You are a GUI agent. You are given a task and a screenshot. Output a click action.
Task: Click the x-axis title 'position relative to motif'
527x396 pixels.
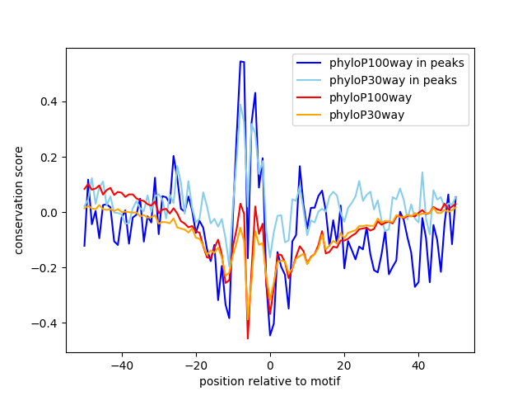click(x=270, y=381)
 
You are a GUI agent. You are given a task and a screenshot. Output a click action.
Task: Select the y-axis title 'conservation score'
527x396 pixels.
click(x=18, y=200)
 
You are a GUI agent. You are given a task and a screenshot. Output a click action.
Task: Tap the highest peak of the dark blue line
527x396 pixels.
click(x=242, y=62)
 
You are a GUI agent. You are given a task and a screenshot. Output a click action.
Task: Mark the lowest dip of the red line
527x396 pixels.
click(x=248, y=337)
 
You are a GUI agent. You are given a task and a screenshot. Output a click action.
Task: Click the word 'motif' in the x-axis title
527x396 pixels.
click(x=326, y=381)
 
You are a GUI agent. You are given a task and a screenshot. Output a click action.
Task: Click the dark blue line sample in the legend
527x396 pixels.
click(x=310, y=63)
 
